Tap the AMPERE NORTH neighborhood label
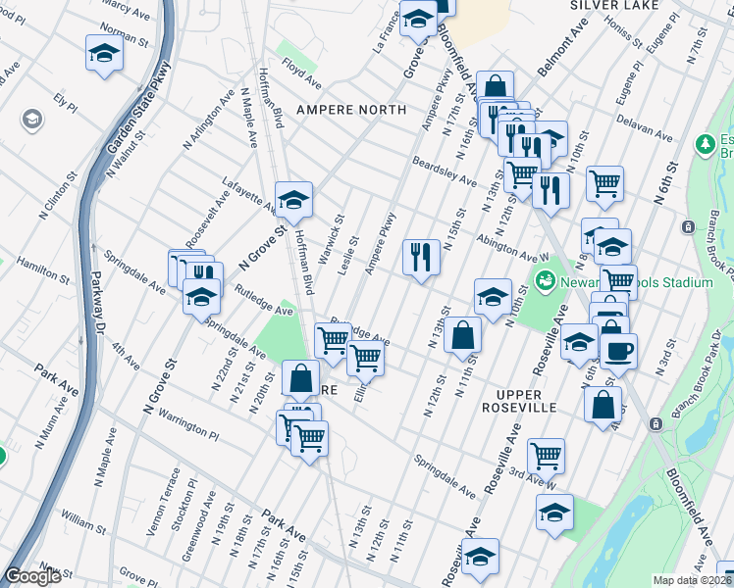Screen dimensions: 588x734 [339, 109]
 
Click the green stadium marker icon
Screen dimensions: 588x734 [546, 282]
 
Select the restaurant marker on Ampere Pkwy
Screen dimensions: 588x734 [421, 257]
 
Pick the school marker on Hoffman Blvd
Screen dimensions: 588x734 [292, 200]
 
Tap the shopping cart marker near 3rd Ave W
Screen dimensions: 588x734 [546, 454]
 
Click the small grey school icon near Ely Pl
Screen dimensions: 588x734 [32, 120]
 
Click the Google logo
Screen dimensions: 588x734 [32, 576]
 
